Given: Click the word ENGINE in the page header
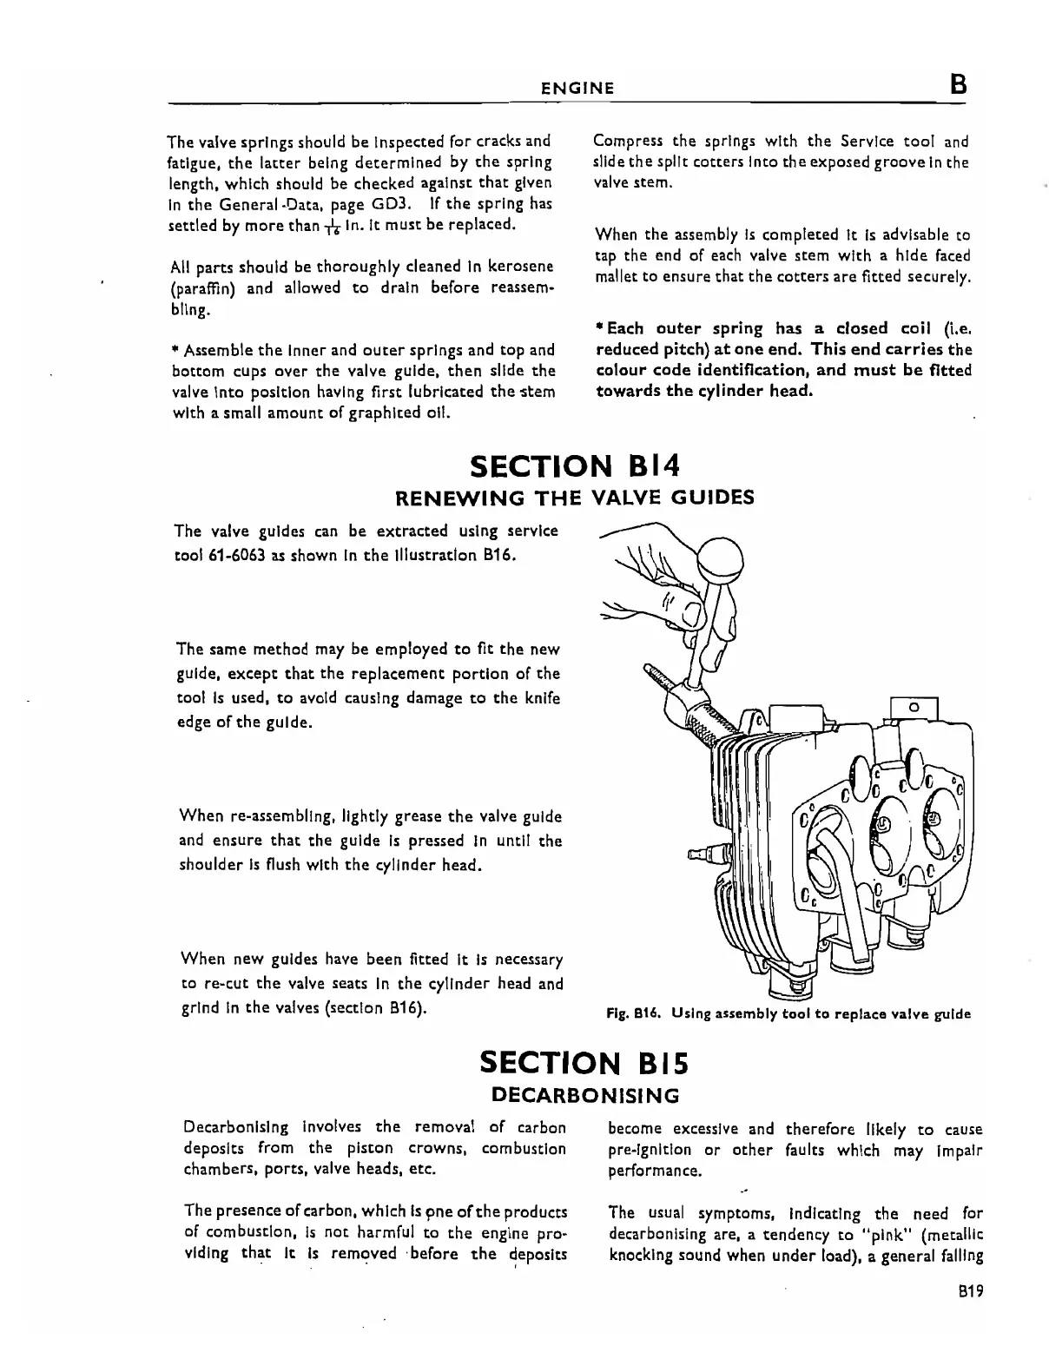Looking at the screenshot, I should click(x=577, y=88).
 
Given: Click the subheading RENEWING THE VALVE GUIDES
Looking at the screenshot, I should click(x=575, y=498).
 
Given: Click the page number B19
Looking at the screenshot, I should click(x=966, y=1291).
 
